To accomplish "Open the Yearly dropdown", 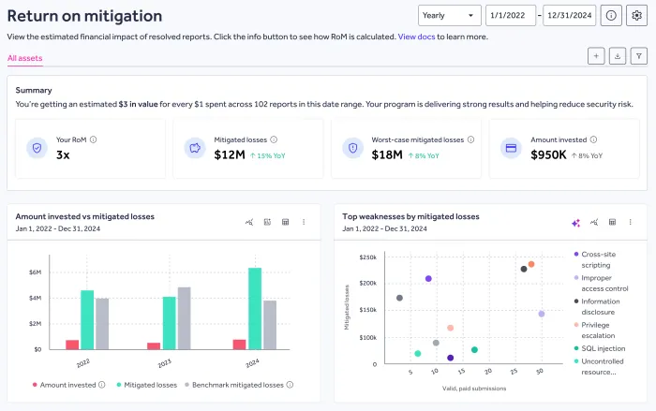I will coord(449,16).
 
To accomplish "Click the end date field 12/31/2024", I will coord(569,16).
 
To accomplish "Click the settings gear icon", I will coord(636,16).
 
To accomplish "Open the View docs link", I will coord(418,37).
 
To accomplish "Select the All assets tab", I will coord(24,58).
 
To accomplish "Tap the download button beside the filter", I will coord(617,56).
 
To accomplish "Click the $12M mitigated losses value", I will coord(230,155).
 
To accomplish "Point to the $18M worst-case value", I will coord(388,155).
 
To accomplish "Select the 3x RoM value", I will coord(64,155).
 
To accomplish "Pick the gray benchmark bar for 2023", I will coord(185,317).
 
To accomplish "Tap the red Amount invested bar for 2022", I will coord(72,344).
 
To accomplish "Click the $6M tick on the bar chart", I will coord(35,272).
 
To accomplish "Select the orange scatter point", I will coord(531,264).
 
